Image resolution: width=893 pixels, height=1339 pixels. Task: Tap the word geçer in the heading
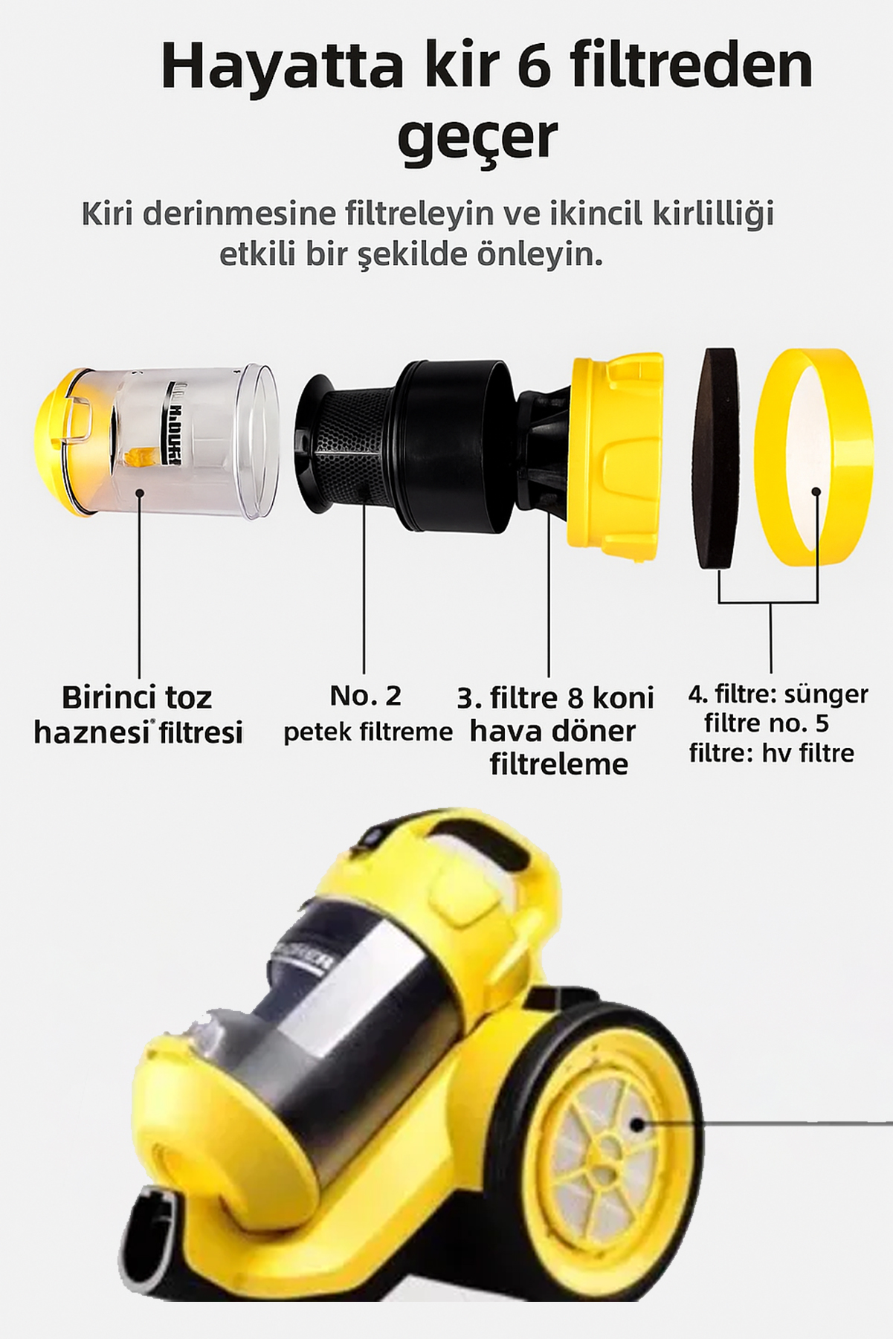point(477,138)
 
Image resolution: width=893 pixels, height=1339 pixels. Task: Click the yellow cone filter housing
point(614,459)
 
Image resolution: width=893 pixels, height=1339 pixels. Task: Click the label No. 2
point(365,696)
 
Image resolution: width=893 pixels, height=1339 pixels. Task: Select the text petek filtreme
point(368,732)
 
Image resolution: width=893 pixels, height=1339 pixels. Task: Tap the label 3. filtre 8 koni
point(555,697)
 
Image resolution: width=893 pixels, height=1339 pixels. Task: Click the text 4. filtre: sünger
point(778,694)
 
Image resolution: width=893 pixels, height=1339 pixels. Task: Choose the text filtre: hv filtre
point(771,753)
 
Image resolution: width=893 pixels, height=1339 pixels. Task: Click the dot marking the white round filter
point(816,492)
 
